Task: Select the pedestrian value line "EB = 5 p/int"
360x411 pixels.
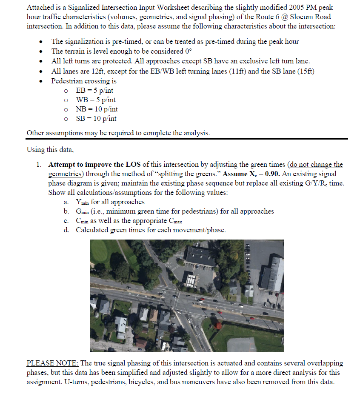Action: click(94, 91)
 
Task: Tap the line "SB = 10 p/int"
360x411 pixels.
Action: click(96, 119)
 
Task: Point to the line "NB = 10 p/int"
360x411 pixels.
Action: click(96, 109)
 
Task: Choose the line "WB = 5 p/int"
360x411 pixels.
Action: click(95, 100)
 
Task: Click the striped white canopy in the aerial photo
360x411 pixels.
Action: click(189, 280)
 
